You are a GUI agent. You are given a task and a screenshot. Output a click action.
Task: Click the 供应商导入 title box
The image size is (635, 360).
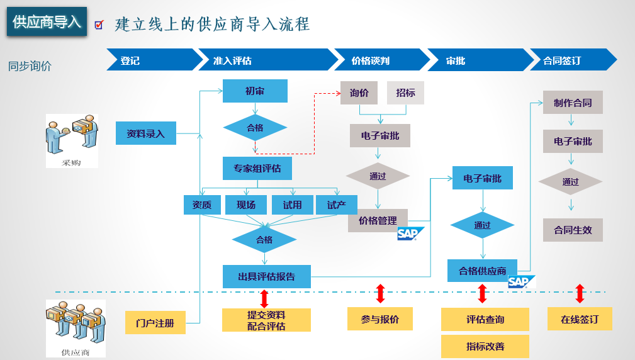coord(47,21)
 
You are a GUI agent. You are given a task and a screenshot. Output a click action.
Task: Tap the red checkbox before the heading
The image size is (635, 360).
coord(99,25)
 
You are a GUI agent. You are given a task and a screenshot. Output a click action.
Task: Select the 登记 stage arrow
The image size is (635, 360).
coord(154,60)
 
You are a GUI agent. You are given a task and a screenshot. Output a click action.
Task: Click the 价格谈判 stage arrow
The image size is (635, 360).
coord(381,60)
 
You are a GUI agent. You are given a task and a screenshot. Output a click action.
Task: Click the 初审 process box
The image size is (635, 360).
coord(255,91)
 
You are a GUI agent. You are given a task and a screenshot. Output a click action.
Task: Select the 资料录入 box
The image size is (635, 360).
coord(146,133)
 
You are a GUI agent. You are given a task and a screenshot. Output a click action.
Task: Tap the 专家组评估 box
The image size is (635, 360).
coord(257,168)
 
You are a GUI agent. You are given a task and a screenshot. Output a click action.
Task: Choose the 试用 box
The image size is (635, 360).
coord(293,205)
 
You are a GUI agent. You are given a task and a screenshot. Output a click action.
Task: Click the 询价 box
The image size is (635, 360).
coord(359,93)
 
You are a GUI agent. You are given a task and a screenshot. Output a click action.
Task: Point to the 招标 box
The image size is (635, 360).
coord(405,93)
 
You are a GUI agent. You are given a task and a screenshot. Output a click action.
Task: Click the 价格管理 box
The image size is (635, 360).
coord(378,220)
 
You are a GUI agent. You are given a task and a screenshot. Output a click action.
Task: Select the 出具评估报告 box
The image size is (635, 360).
coord(266,276)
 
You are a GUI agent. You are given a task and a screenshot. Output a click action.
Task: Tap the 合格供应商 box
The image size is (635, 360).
coord(482,271)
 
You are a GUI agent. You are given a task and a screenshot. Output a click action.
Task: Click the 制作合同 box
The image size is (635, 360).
coord(573,103)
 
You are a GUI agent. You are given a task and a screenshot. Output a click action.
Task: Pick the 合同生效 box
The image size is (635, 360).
coord(573,230)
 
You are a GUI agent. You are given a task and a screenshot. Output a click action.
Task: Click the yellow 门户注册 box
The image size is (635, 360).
coord(155,323)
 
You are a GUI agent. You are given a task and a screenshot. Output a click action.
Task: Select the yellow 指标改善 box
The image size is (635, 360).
coord(485,346)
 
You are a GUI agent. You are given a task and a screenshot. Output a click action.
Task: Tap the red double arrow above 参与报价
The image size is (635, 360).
coord(380,293)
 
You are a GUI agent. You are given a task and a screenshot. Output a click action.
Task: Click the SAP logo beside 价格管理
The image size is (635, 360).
coord(410,233)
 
